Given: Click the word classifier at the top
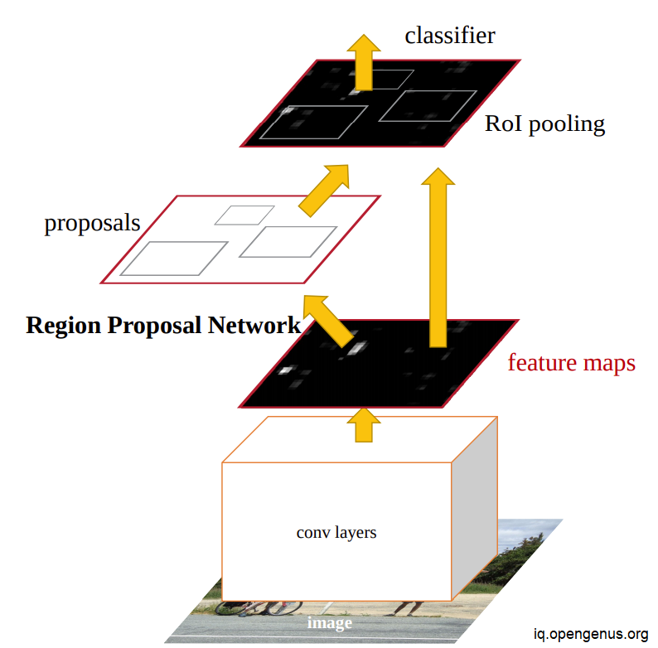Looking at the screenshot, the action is point(450,36).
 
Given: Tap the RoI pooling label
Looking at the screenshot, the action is point(544,124).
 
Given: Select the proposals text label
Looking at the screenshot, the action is point(92,223).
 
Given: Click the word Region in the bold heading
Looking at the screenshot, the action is point(63,326).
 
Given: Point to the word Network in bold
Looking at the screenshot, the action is point(254,325).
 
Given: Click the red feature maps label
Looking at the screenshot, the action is point(572,363).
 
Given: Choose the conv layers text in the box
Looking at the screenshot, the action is point(336,533).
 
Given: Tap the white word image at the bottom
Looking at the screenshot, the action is point(330,623).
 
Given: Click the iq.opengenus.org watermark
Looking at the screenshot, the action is point(591,634).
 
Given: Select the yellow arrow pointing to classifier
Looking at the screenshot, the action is point(364,62).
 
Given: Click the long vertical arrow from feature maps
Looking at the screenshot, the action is point(438,258).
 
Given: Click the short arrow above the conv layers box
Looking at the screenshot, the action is point(364,425).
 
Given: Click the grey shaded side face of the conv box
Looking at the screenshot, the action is point(475,509).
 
